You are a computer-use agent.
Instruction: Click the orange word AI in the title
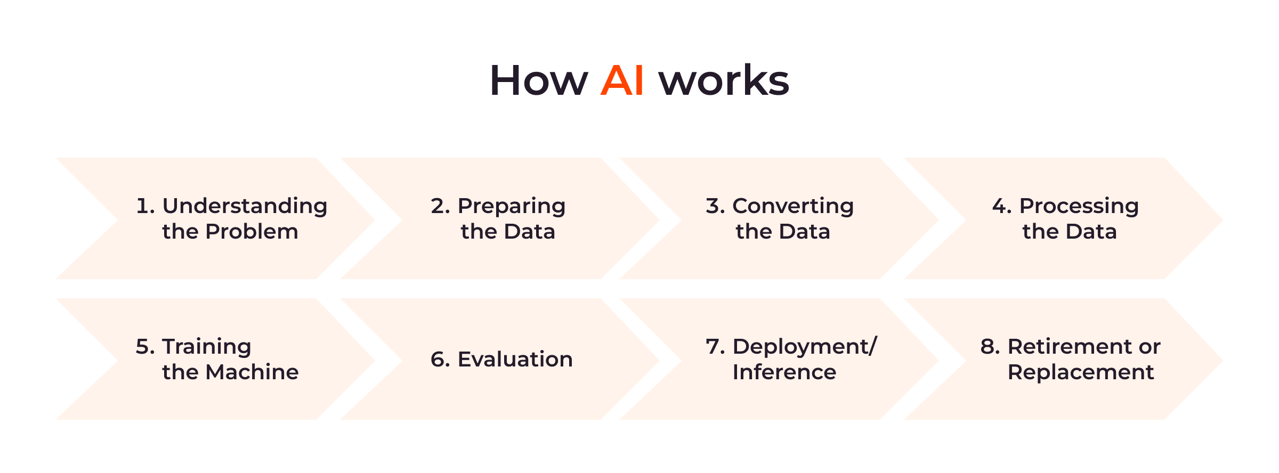622,80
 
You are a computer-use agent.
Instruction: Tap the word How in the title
539,80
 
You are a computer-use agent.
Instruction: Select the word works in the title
724,80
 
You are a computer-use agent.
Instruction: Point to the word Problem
252,232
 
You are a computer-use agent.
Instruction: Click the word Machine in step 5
252,372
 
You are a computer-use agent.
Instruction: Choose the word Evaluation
515,360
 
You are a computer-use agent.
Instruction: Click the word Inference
784,372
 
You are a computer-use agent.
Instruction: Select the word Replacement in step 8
1081,373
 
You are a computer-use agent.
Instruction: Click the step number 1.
144,206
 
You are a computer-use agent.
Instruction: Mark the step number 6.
440,360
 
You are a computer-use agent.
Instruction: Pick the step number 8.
990,347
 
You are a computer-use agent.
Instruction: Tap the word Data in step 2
530,232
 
